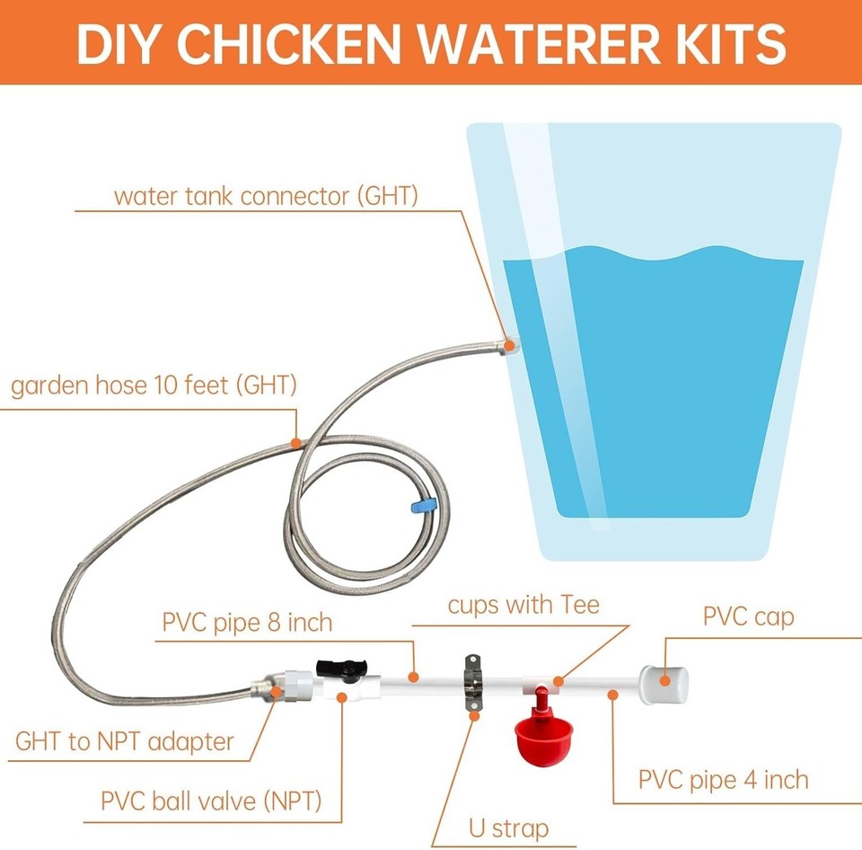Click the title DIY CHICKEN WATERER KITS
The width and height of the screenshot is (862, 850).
(x=431, y=42)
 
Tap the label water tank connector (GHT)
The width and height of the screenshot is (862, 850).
(x=266, y=196)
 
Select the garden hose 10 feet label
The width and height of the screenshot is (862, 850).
(x=153, y=386)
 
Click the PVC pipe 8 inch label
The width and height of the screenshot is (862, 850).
(x=247, y=622)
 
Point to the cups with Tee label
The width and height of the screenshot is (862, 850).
(x=523, y=605)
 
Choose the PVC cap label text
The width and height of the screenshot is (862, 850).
(x=748, y=617)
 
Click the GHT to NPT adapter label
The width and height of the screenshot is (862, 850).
(x=125, y=742)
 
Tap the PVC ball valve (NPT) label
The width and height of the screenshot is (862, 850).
(x=211, y=800)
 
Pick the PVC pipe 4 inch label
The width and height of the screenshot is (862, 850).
(x=723, y=779)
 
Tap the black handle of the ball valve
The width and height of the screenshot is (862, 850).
(x=337, y=668)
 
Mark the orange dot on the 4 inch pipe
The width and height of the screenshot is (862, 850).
(x=612, y=693)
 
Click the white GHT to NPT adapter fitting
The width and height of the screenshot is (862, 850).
(x=292, y=687)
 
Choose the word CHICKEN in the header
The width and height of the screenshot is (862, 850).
(x=300, y=42)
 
